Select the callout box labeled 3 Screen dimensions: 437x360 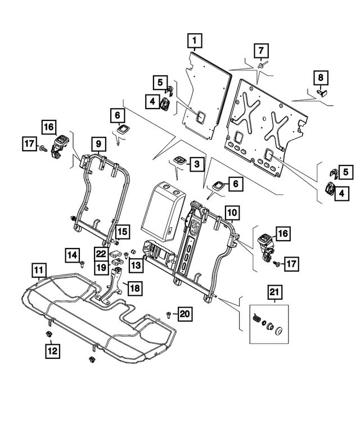click(x=197, y=164)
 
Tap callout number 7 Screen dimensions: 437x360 click(x=260, y=50)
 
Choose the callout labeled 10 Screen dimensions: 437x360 click(x=232, y=212)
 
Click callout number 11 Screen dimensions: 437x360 click(x=38, y=271)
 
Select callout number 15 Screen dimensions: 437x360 click(x=123, y=231)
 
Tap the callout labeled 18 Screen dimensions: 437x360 click(x=134, y=288)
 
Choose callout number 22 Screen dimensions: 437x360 click(x=101, y=254)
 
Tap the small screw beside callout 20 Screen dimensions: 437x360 click(x=168, y=313)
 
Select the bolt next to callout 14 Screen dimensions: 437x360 click(x=83, y=263)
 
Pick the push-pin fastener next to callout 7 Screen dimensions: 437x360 click(x=262, y=66)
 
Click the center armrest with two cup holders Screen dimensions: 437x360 click(x=163, y=211)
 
